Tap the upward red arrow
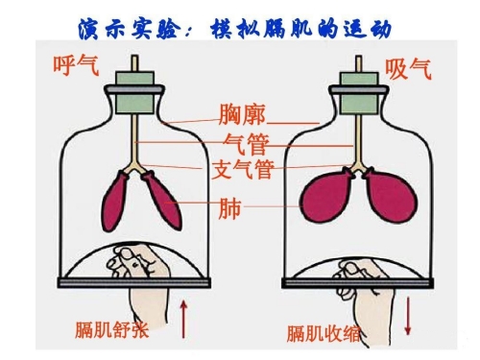point(183,319)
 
